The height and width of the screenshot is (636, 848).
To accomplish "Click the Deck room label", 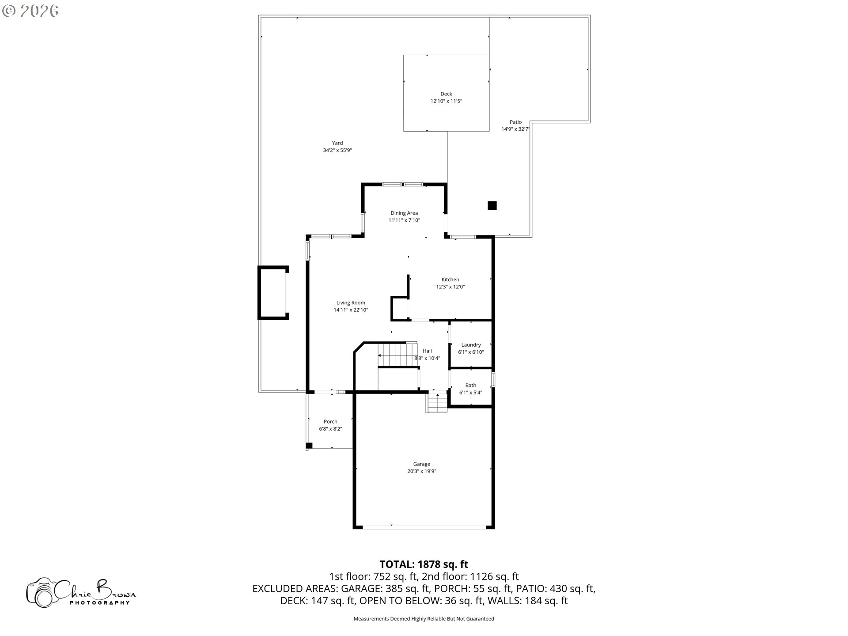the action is pyautogui.click(x=446, y=94).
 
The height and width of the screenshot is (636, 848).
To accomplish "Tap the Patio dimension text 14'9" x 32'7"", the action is pyautogui.click(x=515, y=129).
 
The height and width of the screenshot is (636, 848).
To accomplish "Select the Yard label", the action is pyautogui.click(x=337, y=143).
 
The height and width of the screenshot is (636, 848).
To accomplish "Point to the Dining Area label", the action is pyautogui.click(x=404, y=213).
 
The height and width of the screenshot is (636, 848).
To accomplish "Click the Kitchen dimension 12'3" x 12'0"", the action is pyautogui.click(x=450, y=287).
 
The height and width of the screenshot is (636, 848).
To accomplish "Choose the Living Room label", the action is pyautogui.click(x=351, y=303).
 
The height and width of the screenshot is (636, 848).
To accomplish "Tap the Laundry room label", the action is pyautogui.click(x=471, y=345).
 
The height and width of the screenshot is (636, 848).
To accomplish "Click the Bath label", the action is pyautogui.click(x=471, y=385).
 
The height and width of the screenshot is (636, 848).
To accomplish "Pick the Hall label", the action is pyautogui.click(x=427, y=351).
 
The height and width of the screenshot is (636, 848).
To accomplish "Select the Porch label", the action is pyautogui.click(x=330, y=421).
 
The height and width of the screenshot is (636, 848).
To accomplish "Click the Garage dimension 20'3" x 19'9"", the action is pyautogui.click(x=422, y=471).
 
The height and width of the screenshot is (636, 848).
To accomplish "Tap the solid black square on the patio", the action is pyautogui.click(x=492, y=205).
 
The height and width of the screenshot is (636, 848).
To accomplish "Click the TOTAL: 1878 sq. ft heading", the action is pyautogui.click(x=424, y=564).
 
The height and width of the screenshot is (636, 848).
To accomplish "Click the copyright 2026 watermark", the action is pyautogui.click(x=30, y=11).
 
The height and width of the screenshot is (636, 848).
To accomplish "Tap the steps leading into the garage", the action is pyautogui.click(x=437, y=402).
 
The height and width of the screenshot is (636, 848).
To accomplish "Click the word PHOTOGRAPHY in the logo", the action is pyautogui.click(x=100, y=602).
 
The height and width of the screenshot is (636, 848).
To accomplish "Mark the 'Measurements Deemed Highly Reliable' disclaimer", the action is pyautogui.click(x=424, y=619).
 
